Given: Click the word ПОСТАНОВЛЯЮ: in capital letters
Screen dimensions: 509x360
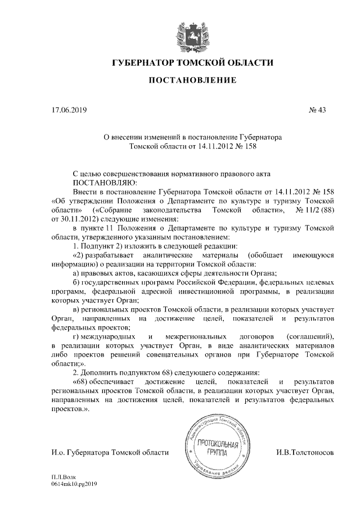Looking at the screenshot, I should (105, 182).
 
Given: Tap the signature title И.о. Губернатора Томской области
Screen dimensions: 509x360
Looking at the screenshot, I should (110, 452).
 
